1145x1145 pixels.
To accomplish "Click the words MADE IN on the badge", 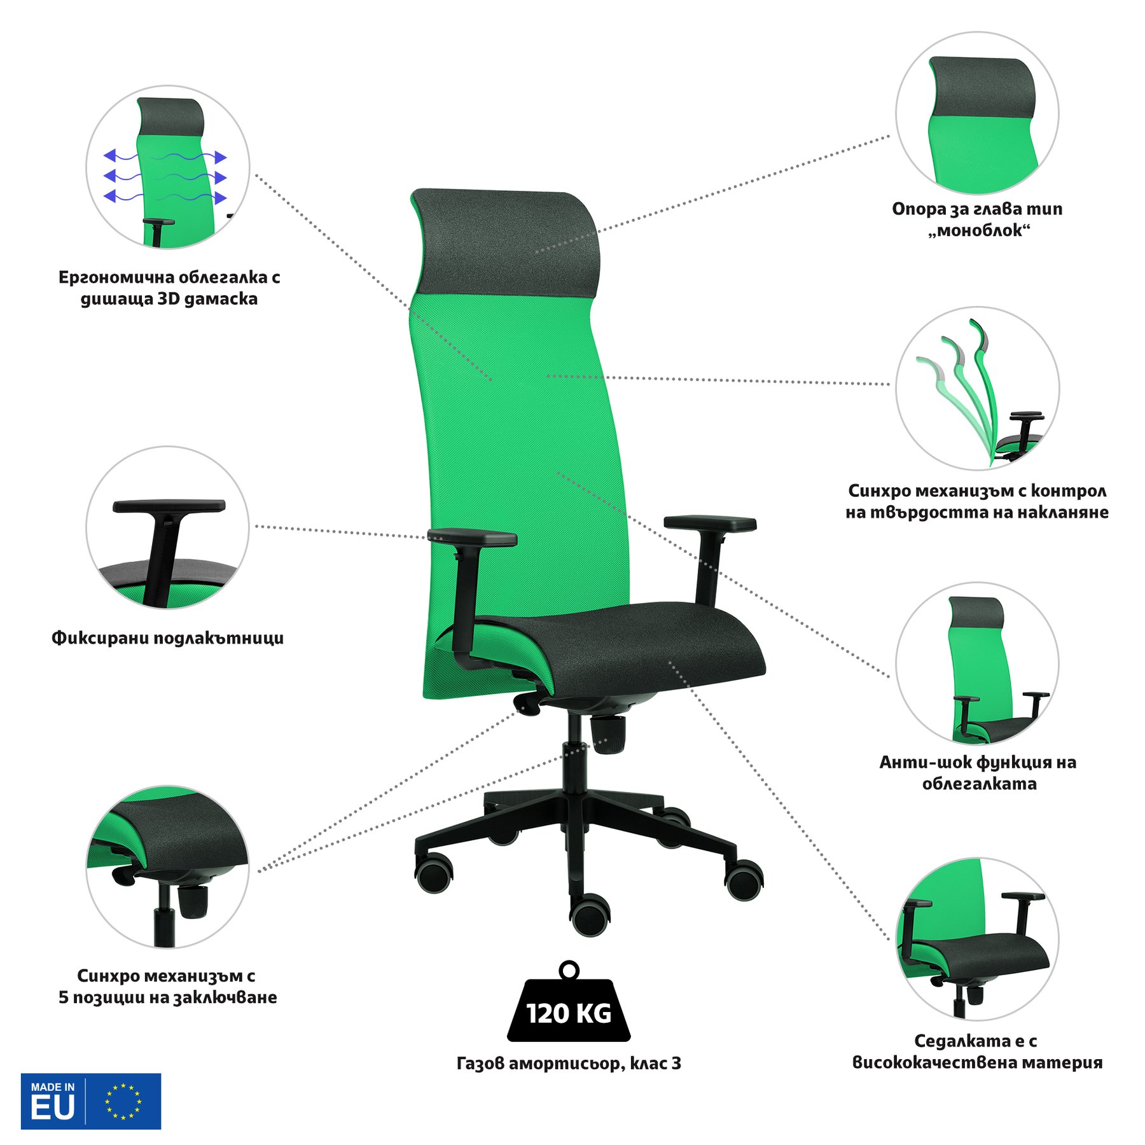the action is (x=53, y=1087).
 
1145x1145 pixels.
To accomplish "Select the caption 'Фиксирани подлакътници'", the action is (x=168, y=638).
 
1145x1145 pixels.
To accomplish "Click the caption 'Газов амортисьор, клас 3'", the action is (x=569, y=1063).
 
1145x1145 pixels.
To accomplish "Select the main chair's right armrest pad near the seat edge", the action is (x=710, y=524).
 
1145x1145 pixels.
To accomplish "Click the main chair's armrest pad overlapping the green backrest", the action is (x=472, y=538).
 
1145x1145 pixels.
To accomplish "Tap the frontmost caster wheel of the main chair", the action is (x=590, y=914).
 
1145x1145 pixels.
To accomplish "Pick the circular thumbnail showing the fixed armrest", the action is (x=168, y=527).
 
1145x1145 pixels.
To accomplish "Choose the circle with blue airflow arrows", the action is (x=168, y=167).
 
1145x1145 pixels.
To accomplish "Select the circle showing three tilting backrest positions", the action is (x=978, y=388).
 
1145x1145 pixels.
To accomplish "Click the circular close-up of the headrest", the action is (x=978, y=113).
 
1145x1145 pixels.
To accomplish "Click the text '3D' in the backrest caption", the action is (x=169, y=298).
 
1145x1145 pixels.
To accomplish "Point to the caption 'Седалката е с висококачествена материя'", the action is (x=977, y=1051).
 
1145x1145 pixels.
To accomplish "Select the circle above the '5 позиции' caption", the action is (x=168, y=866).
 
